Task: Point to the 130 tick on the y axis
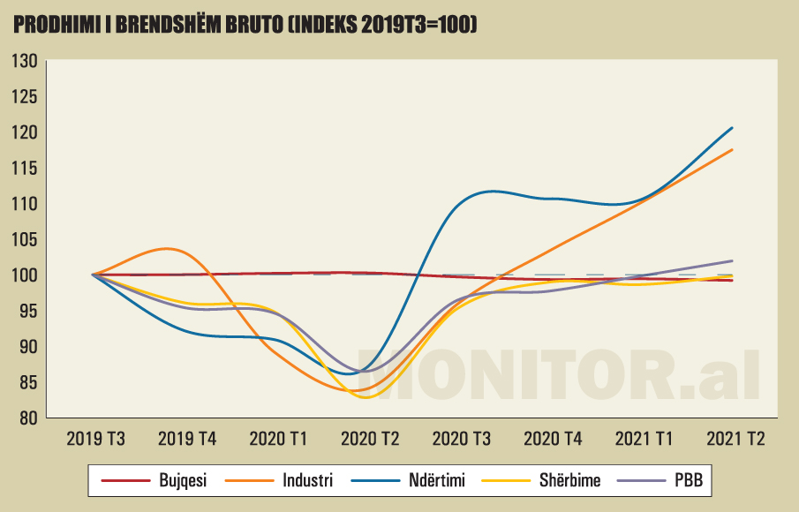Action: (24, 61)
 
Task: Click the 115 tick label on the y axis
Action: (24, 168)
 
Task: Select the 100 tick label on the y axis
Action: (24, 275)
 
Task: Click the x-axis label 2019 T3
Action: (94, 438)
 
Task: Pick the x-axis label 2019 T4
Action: (186, 438)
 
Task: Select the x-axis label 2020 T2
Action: (369, 438)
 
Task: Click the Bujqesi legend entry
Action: (182, 481)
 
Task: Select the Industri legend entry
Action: (307, 481)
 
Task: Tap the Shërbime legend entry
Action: (569, 481)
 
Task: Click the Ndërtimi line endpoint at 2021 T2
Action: (733, 128)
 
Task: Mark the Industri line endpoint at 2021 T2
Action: (733, 150)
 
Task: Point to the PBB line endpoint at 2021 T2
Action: (733, 260)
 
